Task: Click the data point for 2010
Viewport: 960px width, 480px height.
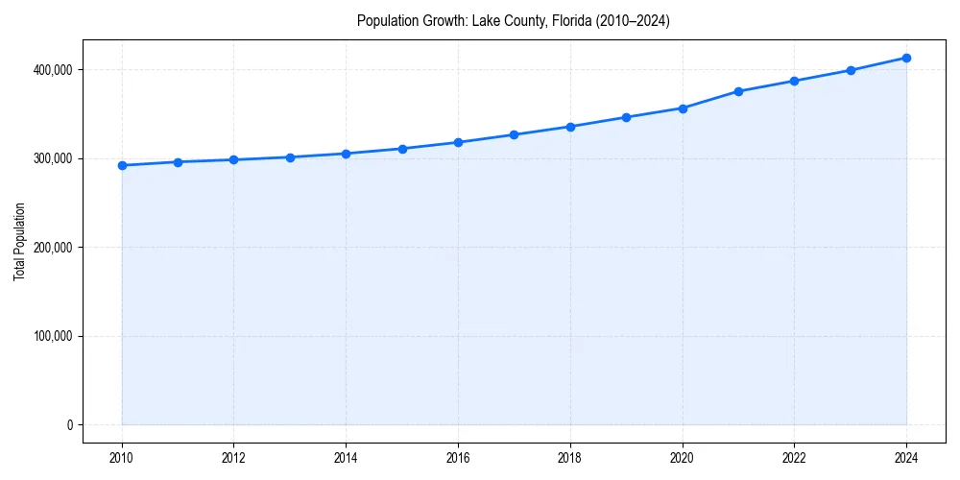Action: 122,165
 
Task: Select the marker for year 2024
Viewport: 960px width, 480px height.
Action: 906,58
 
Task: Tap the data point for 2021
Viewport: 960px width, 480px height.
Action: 738,91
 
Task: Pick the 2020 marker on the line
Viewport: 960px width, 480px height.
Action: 683,108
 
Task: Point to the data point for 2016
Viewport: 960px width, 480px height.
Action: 458,142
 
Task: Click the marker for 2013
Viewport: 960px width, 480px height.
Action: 290,157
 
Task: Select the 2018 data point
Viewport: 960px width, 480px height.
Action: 570,127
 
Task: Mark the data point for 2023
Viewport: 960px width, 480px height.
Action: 851,70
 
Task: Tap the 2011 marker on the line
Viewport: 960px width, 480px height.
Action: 178,162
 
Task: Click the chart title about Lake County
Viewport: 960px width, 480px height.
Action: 513,20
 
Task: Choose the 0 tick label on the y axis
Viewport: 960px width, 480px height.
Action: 69,425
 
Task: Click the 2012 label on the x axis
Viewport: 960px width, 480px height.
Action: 234,457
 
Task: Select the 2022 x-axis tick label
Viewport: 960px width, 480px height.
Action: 794,457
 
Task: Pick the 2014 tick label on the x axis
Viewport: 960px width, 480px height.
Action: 346,457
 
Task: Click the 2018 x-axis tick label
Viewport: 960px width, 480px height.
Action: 570,457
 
